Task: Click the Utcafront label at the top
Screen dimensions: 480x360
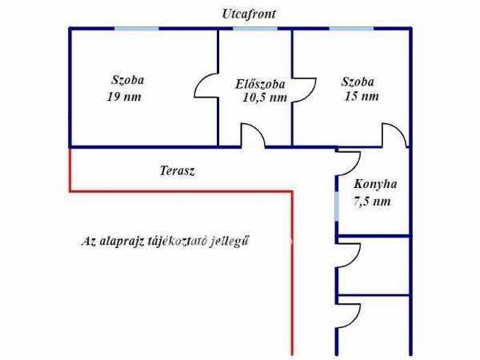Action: [x=249, y=14]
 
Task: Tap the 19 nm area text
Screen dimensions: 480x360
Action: [x=124, y=97]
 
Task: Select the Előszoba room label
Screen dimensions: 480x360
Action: [x=260, y=84]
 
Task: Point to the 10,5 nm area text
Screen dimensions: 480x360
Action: [x=265, y=98]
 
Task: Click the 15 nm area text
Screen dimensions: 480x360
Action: [x=362, y=96]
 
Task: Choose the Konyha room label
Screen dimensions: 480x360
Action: [x=375, y=184]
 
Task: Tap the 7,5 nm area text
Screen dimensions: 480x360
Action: [x=372, y=202]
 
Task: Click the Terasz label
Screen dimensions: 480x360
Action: [x=177, y=171]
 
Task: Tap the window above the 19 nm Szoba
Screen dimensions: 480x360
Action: [x=137, y=29]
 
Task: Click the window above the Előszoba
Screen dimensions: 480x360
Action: [x=255, y=29]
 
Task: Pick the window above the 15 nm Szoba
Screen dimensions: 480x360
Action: [x=351, y=29]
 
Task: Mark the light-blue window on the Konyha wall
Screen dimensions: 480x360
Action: [x=337, y=206]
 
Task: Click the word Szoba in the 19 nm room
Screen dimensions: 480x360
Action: [x=127, y=80]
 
